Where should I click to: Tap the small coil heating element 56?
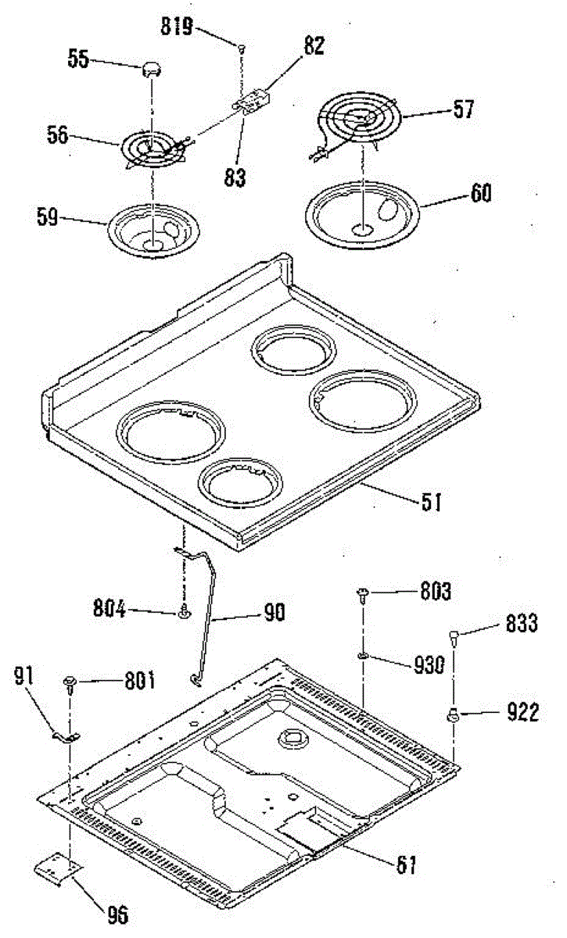pyautogui.click(x=153, y=148)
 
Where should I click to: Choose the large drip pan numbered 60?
pyautogui.click(x=364, y=211)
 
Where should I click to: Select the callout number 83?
pyautogui.click(x=233, y=177)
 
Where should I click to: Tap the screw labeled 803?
pyautogui.click(x=364, y=595)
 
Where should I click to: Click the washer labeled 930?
pyautogui.click(x=364, y=653)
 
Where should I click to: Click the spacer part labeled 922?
pyautogui.click(x=453, y=712)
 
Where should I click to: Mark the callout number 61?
pyautogui.click(x=406, y=865)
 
